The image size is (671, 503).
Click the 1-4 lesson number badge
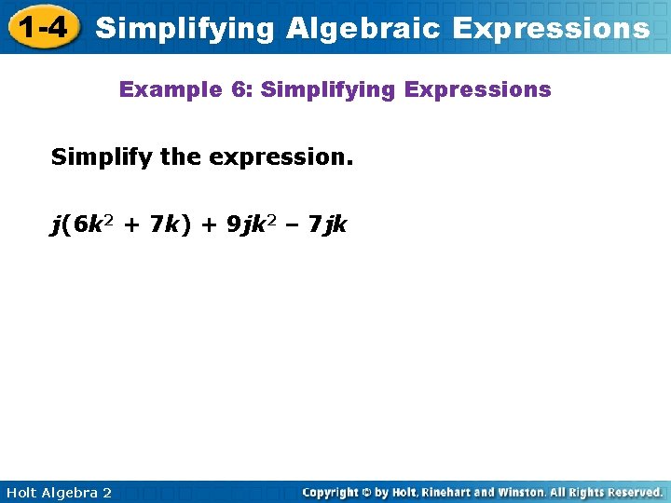pyautogui.click(x=42, y=27)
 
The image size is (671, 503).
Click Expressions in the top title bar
pyautogui.click(x=550, y=29)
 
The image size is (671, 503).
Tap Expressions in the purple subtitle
pyautogui.click(x=486, y=90)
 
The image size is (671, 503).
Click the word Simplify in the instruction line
pyautogui.click(x=103, y=157)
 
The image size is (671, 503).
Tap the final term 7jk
pyautogui.click(x=328, y=224)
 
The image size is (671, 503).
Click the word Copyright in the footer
pyautogui.click(x=334, y=492)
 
